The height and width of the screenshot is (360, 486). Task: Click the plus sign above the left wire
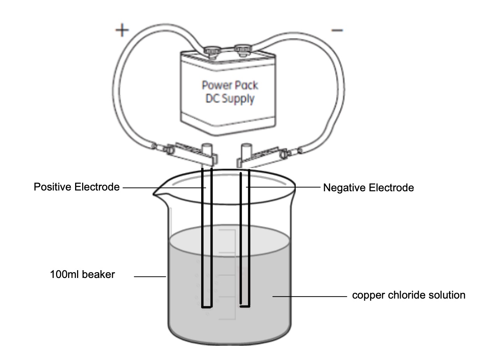(122, 31)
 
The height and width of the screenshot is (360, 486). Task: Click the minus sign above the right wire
(337, 30)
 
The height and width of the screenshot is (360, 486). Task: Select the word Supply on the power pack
(238, 99)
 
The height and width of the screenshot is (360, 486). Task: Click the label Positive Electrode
(77, 187)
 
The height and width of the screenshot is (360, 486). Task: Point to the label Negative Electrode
(368, 188)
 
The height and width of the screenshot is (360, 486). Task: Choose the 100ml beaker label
(82, 275)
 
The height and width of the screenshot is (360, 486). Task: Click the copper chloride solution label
(409, 295)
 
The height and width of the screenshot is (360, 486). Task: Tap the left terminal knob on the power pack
(212, 51)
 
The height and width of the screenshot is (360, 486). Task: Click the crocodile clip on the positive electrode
(191, 154)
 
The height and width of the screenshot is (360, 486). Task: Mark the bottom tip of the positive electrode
(207, 306)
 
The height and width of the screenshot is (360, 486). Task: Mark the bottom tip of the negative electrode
(245, 306)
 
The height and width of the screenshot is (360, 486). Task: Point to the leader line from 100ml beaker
(150, 277)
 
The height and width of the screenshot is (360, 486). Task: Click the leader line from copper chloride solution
(309, 297)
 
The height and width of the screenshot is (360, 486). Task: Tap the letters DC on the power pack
(212, 99)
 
